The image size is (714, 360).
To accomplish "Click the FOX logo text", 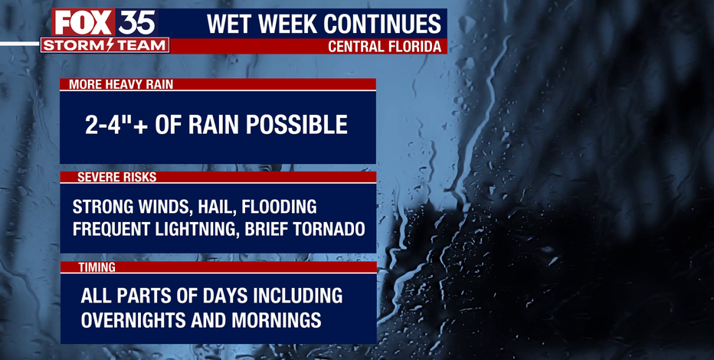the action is [x=84, y=22].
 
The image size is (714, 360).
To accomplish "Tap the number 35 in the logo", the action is [x=136, y=22].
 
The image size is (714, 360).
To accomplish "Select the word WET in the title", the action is [x=225, y=24].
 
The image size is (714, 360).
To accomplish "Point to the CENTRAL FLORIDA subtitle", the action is [x=385, y=47].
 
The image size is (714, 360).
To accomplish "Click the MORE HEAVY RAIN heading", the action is [x=121, y=85].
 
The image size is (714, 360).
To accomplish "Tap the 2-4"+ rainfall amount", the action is [x=116, y=124].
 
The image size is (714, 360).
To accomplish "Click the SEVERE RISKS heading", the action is [x=116, y=178].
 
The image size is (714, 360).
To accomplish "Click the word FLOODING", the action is [x=279, y=207].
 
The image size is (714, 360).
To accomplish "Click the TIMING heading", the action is [x=97, y=267].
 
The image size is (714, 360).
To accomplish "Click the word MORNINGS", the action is [x=277, y=320].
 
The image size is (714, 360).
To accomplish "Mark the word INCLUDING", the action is [x=298, y=296].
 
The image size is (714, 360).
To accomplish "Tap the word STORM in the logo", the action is [x=74, y=45].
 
